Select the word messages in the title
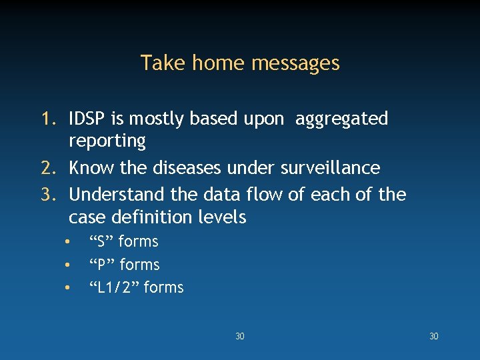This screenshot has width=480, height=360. pyautogui.click(x=295, y=64)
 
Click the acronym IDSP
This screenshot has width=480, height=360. pyautogui.click(x=87, y=119)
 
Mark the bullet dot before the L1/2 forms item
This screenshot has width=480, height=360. pyautogui.click(x=67, y=288)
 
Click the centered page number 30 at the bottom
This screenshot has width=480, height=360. pyautogui.click(x=240, y=337)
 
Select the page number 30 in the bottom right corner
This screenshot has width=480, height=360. pyautogui.click(x=433, y=337)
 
